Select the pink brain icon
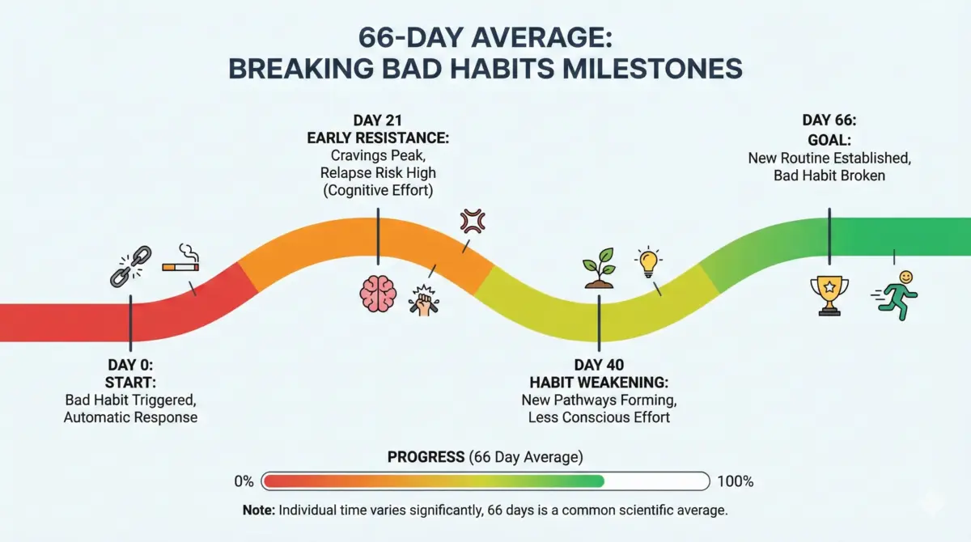coord(378,294)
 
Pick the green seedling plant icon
coord(600,270)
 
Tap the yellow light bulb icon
coord(648,262)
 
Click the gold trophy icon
coord(829,295)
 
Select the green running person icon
coord(896,296)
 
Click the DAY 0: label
coord(131,364)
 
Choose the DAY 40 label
coord(599,365)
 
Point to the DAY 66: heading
coord(829,121)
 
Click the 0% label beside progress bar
coord(244,481)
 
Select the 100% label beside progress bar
coord(735,481)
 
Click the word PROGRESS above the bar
coord(426,457)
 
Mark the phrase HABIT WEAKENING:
coord(599,382)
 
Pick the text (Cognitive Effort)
coord(378,190)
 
